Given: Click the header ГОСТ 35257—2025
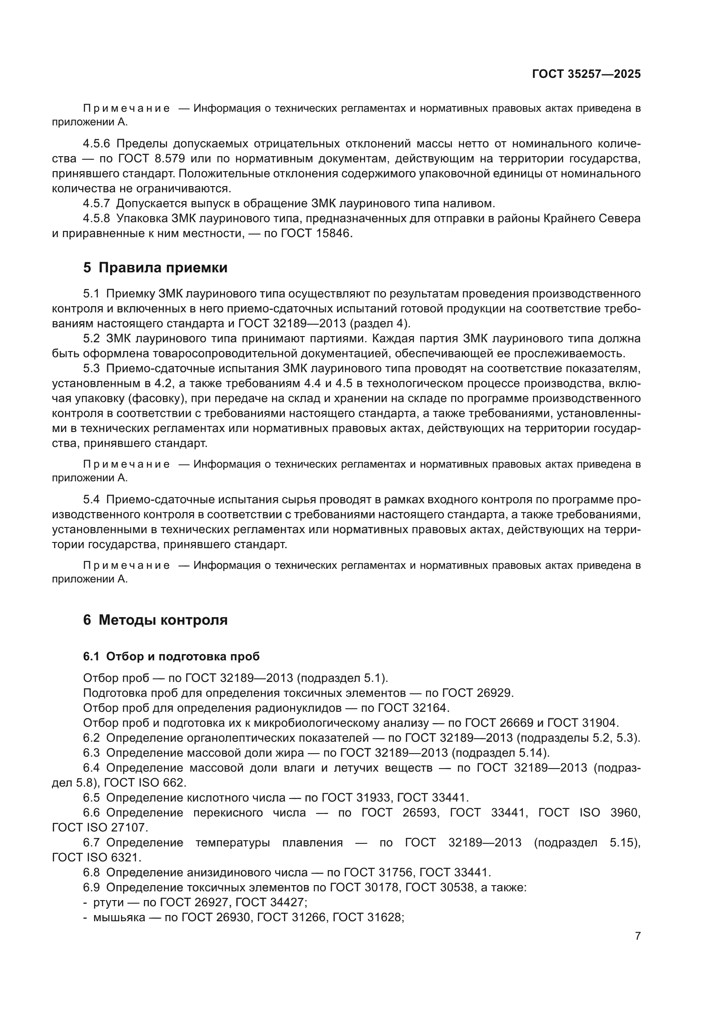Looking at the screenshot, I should (x=586, y=74).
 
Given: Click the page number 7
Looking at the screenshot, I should (x=637, y=936).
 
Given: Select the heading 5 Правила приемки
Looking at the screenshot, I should (x=155, y=267).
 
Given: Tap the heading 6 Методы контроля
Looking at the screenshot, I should (x=155, y=620).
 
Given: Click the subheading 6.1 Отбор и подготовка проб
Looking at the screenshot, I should (x=171, y=656).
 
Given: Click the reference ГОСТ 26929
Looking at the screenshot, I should (x=477, y=693).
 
